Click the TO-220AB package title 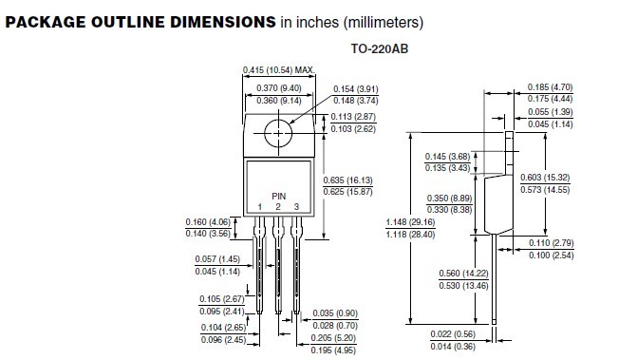pyautogui.click(x=380, y=48)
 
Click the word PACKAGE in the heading pyautogui.click(x=46, y=22)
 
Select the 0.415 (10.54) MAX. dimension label pyautogui.click(x=279, y=70)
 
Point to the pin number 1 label pyautogui.click(x=260, y=207)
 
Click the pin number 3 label pyautogui.click(x=296, y=207)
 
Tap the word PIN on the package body pyautogui.click(x=279, y=196)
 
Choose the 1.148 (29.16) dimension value pyautogui.click(x=410, y=222)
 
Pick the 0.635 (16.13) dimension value pyautogui.click(x=347, y=180)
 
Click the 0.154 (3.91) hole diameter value pyautogui.click(x=355, y=88)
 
